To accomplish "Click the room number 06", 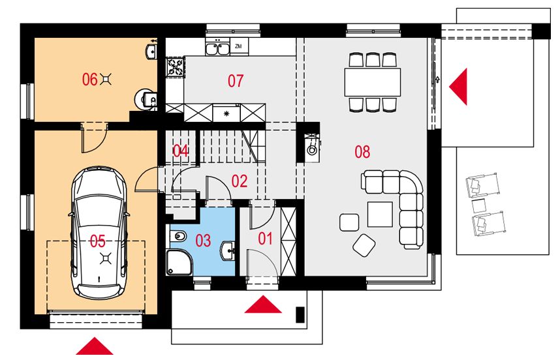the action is coord(89,79).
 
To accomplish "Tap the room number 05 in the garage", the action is coord(97,241).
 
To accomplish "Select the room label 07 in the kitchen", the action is coord(236,81).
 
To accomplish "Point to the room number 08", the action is coord(362,152).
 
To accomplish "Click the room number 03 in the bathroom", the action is coord(203,241).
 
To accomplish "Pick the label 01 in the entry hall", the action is coord(266,238).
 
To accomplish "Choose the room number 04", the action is coord(181,151).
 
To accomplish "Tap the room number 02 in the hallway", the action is coord(240,181).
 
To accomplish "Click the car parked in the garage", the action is coord(99,233).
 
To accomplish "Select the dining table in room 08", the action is coord(373,82).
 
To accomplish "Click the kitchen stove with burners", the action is coord(176,67).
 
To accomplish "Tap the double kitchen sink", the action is coord(217,48).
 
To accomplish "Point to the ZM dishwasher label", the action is coord(239,46).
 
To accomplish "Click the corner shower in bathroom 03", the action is coord(179,262).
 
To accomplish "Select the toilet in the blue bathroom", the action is coord(177,235).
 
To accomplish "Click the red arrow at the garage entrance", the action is coord(95,346).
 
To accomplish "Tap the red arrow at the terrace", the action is coord(458,87).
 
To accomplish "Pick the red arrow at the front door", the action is coord(263,305).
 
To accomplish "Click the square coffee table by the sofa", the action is coord(380,214).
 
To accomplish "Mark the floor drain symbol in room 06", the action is coord(106,79).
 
